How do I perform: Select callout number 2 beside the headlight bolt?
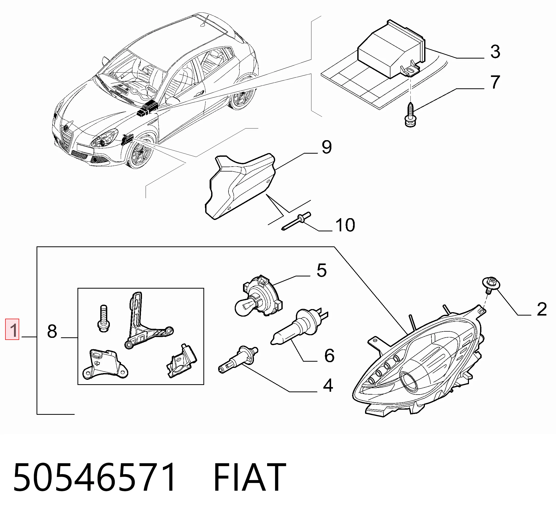(542, 309)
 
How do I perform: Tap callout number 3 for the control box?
(495, 52)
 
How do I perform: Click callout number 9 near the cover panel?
(327, 147)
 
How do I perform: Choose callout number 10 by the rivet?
(345, 225)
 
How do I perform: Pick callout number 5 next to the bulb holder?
(322, 270)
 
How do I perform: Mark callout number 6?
(329, 355)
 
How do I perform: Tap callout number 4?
(328, 385)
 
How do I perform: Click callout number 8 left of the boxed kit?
(52, 331)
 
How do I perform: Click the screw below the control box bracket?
(410, 115)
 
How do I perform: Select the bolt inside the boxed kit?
(103, 318)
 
